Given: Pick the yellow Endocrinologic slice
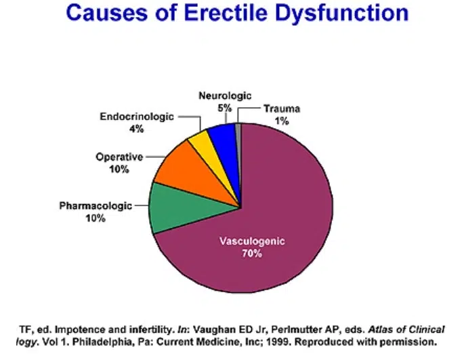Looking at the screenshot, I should (201, 140).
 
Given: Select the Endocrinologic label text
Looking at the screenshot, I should (136, 117).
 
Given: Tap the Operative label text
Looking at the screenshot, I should (119, 157).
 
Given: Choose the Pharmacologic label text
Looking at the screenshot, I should (96, 205).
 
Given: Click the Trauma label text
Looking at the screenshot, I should (282, 108).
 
